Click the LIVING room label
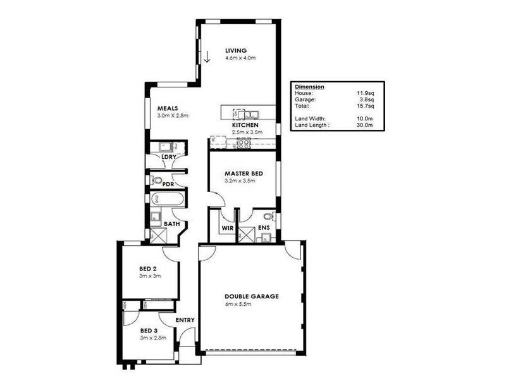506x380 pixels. (x=236, y=51)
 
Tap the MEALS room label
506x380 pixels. (x=167, y=108)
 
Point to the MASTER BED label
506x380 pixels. (x=244, y=173)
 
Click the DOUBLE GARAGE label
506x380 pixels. (x=251, y=296)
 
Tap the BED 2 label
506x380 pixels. (x=148, y=269)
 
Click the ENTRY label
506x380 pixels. (x=185, y=320)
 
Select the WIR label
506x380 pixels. (x=227, y=227)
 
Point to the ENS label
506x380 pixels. (x=264, y=227)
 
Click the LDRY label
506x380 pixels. (x=169, y=157)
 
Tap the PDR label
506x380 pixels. (x=168, y=185)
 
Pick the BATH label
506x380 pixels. (x=171, y=224)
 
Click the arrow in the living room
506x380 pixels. (x=206, y=57)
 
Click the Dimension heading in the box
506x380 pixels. (x=310, y=86)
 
